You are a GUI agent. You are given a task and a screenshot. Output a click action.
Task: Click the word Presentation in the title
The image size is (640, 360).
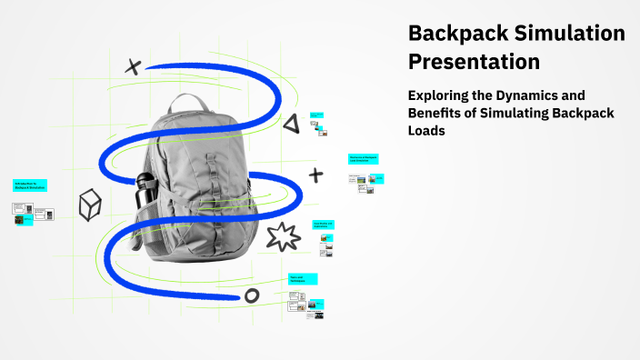(x=474, y=62)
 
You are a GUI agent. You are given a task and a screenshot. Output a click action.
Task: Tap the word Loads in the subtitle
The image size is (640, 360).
(x=428, y=130)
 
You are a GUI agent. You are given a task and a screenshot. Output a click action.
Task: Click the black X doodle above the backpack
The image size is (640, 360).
(x=134, y=65)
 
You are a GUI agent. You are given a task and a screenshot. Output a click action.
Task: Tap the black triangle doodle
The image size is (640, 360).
(x=290, y=123)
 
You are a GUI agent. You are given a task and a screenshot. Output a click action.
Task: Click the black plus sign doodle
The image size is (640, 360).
(x=315, y=175)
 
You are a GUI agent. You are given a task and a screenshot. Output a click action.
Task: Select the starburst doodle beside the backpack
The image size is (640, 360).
(x=284, y=236)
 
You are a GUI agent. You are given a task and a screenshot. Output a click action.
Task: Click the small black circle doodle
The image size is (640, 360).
(x=252, y=295)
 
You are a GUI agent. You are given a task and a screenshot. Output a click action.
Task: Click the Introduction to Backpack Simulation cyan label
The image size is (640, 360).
(x=29, y=185)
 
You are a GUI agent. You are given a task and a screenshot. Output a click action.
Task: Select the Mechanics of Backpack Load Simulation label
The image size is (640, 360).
(x=363, y=159)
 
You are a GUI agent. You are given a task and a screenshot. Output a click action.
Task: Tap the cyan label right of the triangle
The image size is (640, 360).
(x=316, y=115)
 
